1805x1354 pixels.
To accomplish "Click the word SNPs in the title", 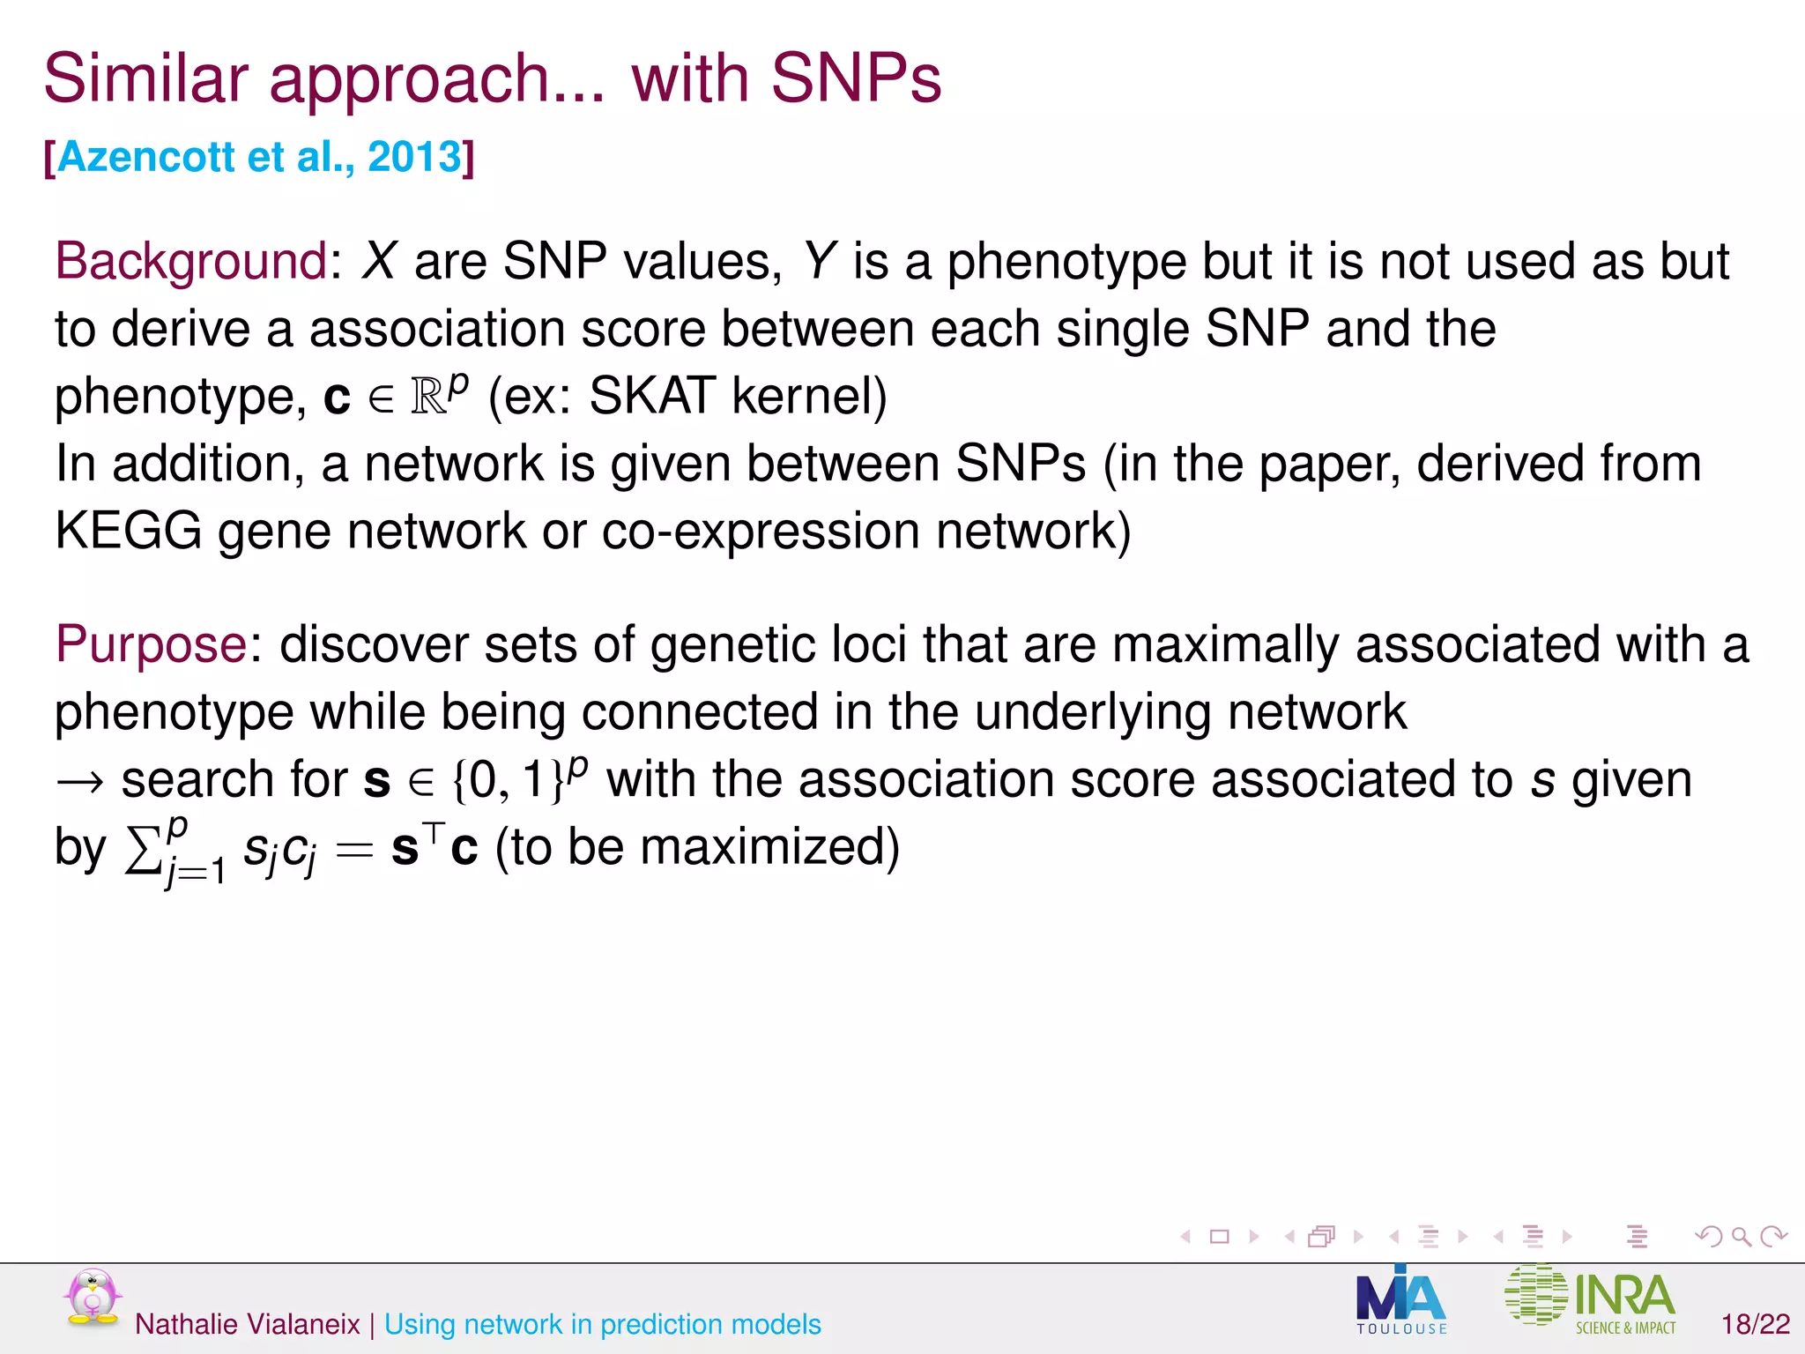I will click(856, 78).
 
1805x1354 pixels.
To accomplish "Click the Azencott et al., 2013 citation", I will click(259, 158).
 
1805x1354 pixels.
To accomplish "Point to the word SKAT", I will click(651, 396).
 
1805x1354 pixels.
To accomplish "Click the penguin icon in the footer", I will click(92, 1297).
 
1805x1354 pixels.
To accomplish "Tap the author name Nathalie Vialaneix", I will click(247, 1324).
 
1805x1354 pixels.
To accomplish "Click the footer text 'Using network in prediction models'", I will click(603, 1324).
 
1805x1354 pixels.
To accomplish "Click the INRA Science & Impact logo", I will click(1591, 1298).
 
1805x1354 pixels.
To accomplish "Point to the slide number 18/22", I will click(1756, 1324).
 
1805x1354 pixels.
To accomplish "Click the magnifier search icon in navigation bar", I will click(1742, 1237).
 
